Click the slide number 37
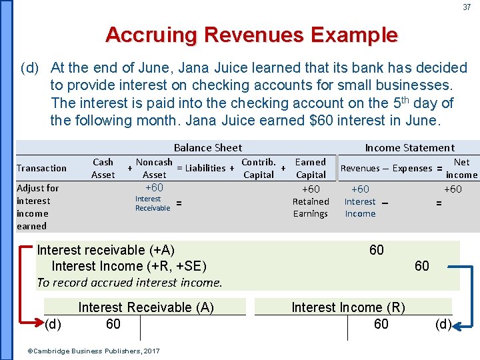(x=467, y=7)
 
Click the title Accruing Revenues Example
(x=251, y=35)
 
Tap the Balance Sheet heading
(x=208, y=147)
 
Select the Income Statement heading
(x=409, y=147)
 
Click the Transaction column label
(x=41, y=168)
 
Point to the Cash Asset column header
(x=103, y=168)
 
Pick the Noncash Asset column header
(x=154, y=168)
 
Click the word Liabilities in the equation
(x=206, y=168)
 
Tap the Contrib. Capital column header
(x=259, y=168)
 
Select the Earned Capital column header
(x=311, y=168)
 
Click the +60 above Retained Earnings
(x=311, y=189)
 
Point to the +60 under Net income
(x=453, y=189)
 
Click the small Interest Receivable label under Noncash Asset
(x=153, y=203)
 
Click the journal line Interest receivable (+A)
(x=106, y=250)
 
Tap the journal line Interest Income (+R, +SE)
(x=129, y=267)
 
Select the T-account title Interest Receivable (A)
(x=146, y=307)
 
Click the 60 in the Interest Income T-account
(x=381, y=324)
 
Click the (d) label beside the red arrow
(x=54, y=325)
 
